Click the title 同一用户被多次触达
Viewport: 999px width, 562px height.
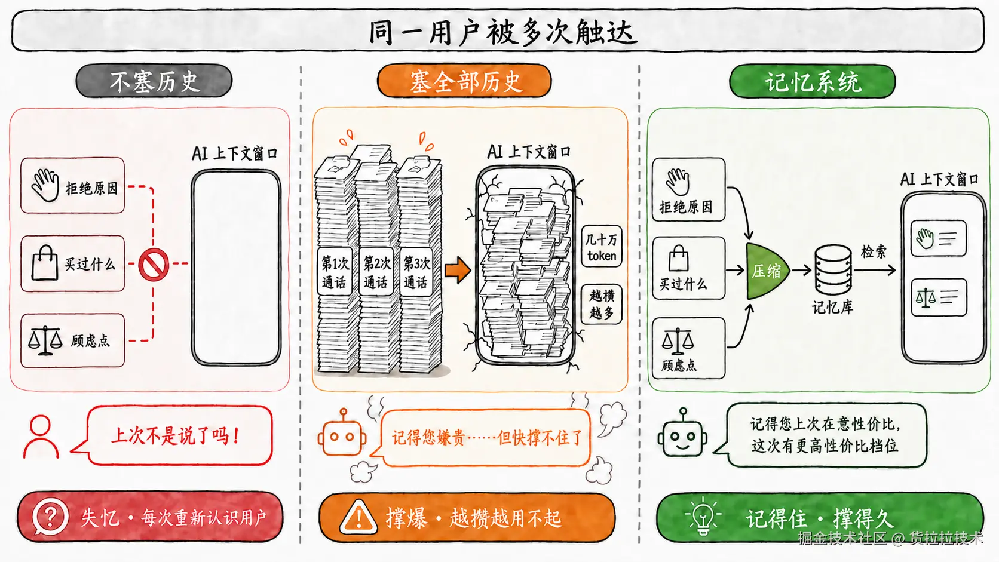502,32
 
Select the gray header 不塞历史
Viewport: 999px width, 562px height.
154,81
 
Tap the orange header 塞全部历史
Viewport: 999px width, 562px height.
464,81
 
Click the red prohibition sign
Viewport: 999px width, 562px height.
154,265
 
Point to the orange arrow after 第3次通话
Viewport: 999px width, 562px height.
458,270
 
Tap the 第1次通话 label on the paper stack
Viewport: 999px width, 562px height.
335,272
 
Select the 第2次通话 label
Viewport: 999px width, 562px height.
376,272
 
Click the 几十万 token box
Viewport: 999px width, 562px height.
602,247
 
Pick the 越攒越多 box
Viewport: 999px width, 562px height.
602,304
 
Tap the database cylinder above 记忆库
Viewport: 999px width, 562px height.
833,269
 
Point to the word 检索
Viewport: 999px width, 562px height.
874,252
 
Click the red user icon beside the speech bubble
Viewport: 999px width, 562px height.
41,437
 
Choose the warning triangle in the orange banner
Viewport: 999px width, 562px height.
358,517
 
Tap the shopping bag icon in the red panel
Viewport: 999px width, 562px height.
45,263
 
